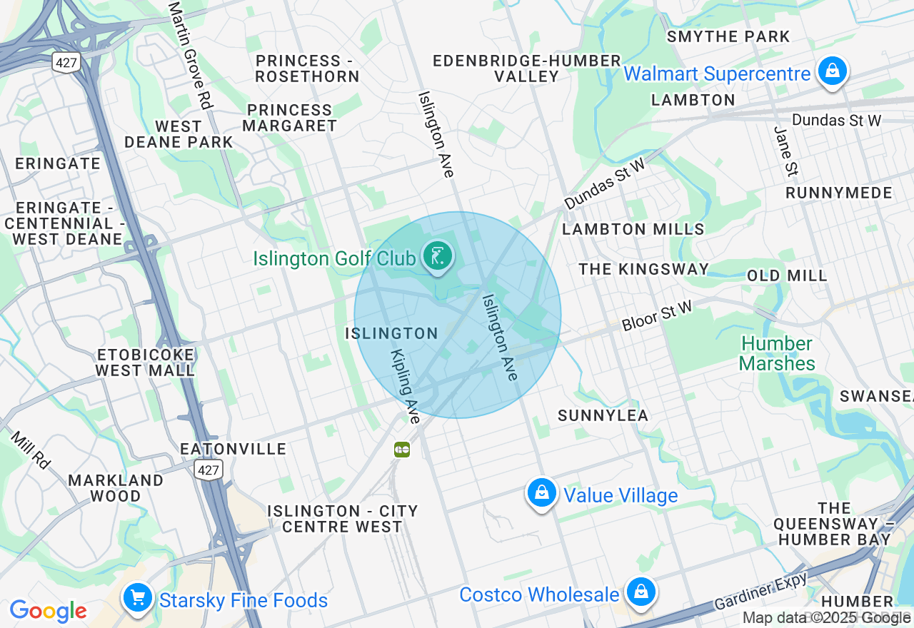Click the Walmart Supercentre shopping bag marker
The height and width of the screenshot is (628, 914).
click(x=832, y=71)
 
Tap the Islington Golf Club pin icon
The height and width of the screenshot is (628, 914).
click(x=437, y=255)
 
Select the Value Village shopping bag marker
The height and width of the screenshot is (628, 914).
click(x=541, y=492)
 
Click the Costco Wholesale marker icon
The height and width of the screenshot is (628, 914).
click(x=641, y=592)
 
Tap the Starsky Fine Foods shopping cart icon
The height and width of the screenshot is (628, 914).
click(x=137, y=598)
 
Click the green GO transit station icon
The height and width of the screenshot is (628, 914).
click(x=402, y=450)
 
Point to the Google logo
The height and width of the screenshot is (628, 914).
click(x=48, y=611)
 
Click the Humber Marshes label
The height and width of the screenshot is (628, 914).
click(x=777, y=354)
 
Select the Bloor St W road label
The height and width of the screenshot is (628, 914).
click(x=656, y=316)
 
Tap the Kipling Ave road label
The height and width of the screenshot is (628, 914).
click(x=405, y=386)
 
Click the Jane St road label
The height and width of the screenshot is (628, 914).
click(x=785, y=151)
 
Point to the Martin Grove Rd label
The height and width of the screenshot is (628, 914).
click(x=191, y=55)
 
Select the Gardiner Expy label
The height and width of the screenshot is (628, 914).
click(x=761, y=592)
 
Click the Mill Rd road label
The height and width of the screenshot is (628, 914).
click(x=30, y=450)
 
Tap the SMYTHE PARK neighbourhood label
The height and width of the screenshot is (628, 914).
click(x=728, y=36)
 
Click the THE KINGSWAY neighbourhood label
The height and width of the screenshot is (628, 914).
click(x=643, y=269)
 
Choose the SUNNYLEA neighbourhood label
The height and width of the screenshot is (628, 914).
click(x=603, y=415)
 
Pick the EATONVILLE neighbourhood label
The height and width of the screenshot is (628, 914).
click(x=233, y=449)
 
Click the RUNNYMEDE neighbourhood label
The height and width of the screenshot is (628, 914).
click(x=839, y=193)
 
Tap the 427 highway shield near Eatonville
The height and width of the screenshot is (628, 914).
click(x=209, y=469)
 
